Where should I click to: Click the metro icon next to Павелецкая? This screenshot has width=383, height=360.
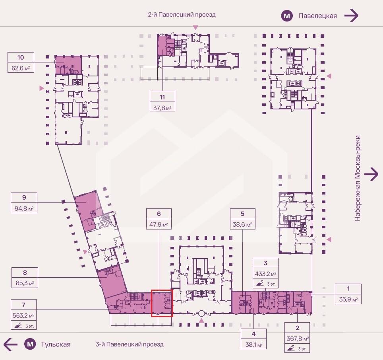coord(287,16)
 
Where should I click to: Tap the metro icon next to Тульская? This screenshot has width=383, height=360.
coord(30,344)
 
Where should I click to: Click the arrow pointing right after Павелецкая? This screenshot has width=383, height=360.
coord(351,16)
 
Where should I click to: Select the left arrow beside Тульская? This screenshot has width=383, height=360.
coord(10,344)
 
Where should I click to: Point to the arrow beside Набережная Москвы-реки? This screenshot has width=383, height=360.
coord(371,174)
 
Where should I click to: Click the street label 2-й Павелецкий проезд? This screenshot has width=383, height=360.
coord(182,15)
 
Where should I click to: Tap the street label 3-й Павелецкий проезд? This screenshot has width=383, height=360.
coord(130,344)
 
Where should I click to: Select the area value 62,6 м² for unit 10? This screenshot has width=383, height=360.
coord(21,68)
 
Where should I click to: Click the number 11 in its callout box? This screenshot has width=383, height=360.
coord(162,97)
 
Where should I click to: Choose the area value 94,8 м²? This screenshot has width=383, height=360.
coord(24,208)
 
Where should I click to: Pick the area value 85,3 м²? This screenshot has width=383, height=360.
coord(25,283)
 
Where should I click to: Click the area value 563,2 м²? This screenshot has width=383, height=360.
coord(23,315)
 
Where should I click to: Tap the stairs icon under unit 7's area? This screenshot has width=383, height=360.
coord(18,325)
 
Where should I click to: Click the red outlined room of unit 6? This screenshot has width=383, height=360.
coord(162,303)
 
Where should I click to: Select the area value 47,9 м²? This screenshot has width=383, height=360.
coord(159,224)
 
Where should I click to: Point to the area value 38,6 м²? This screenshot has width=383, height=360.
coord(242,224)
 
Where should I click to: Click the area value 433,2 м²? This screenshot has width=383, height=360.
coord(265,274)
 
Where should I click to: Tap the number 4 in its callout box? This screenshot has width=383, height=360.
coord(253,334)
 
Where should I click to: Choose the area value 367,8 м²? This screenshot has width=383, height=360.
coord(298,339)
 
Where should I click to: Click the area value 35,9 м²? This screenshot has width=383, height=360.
coord(348,299)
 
